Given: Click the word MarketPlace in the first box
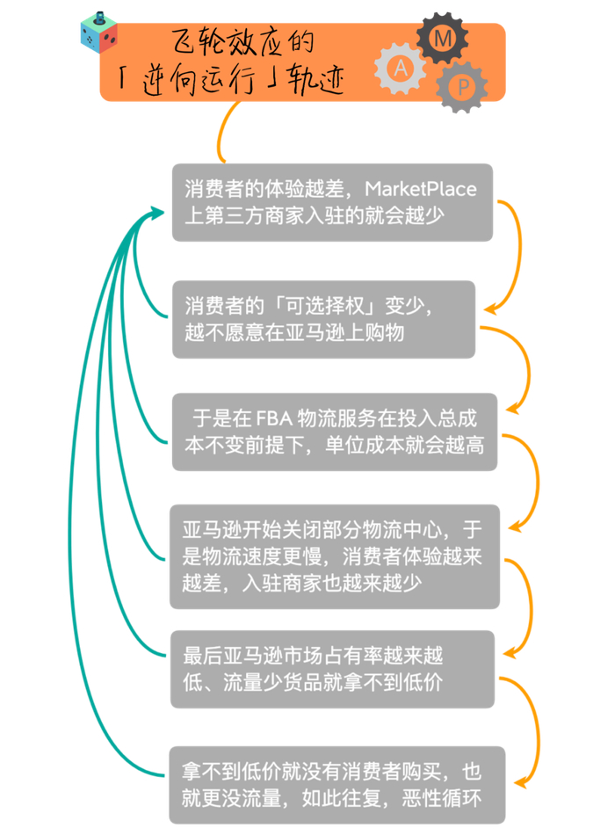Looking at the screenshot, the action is tap(420, 188).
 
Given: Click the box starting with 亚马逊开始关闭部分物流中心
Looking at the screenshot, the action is tap(334, 555).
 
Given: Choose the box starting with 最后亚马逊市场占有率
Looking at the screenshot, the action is tap(332, 669).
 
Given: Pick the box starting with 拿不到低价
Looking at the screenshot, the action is tap(337, 785).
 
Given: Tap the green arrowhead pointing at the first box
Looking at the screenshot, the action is tap(156, 213).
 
